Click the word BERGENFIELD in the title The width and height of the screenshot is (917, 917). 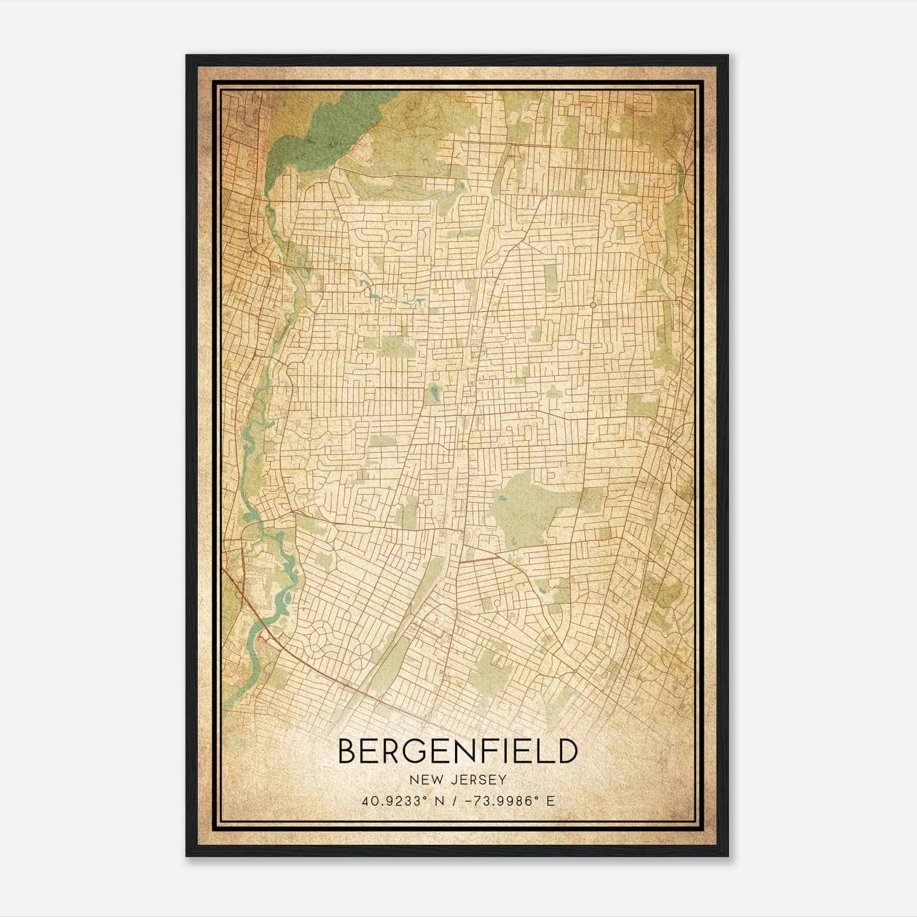456,751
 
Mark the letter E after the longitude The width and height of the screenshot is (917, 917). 551,801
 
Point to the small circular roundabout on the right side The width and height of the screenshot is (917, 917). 593,305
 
